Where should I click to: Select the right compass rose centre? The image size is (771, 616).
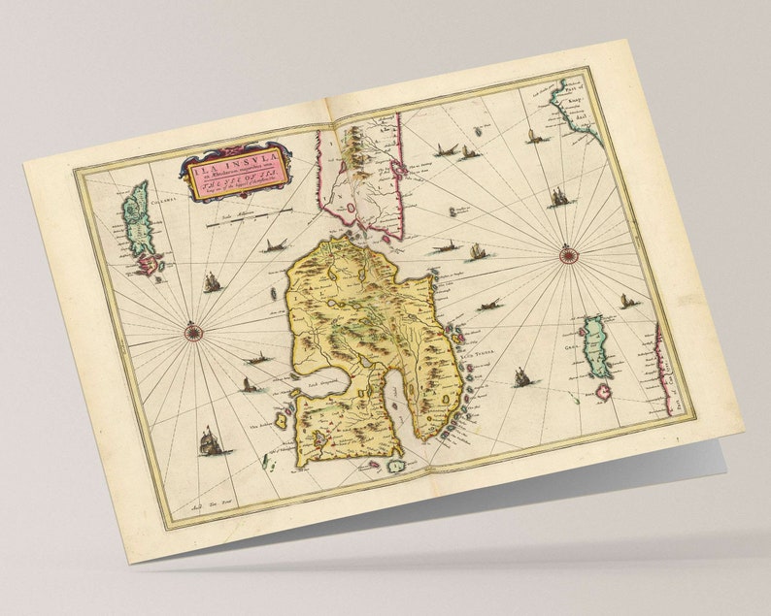[x=569, y=256]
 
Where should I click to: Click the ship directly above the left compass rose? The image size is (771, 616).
[x=212, y=283]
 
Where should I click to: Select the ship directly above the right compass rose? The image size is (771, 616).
[x=560, y=197]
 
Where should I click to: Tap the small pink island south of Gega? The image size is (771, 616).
[x=604, y=391]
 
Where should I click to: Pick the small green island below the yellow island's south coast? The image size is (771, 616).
[x=396, y=466]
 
